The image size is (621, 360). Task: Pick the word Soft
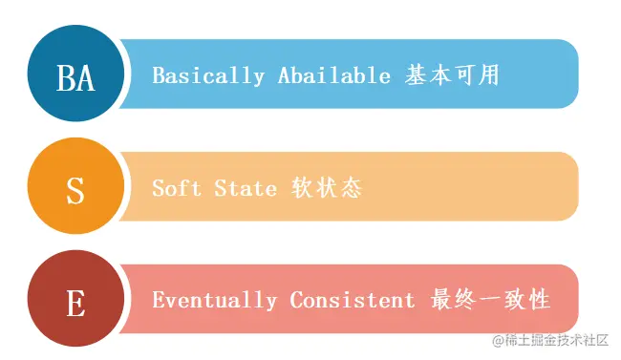176,188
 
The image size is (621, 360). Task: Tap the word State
246,188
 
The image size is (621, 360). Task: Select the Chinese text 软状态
327,188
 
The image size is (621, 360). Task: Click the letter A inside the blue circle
86,77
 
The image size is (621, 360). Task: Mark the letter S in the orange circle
75,191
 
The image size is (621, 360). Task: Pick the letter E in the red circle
75,304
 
